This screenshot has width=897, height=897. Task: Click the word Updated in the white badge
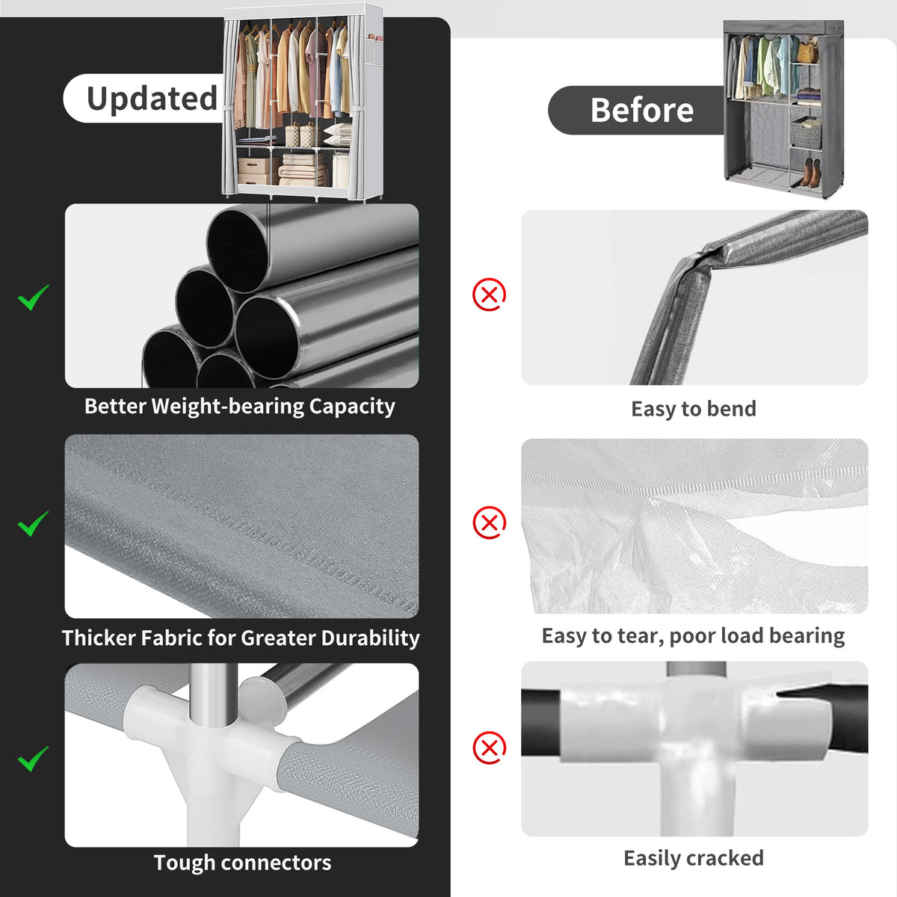(152, 99)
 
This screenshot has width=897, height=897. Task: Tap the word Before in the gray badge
(642, 111)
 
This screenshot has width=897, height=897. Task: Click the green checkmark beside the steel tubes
(33, 297)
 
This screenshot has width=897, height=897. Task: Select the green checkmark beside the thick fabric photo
(33, 523)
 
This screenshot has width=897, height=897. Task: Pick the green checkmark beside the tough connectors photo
(33, 758)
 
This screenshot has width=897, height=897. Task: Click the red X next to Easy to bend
(489, 295)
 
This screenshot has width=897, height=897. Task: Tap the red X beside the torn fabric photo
(489, 523)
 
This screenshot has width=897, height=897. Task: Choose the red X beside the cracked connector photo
(489, 747)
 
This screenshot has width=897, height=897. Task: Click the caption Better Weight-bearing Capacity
(240, 407)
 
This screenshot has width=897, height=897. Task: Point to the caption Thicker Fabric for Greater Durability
(241, 638)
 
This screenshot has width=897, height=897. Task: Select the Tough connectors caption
(242, 863)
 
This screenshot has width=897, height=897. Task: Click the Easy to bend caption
(694, 409)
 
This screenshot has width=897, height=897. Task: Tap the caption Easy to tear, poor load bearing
(693, 636)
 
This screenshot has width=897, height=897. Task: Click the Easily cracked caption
(694, 858)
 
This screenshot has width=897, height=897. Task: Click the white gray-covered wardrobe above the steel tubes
(303, 102)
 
